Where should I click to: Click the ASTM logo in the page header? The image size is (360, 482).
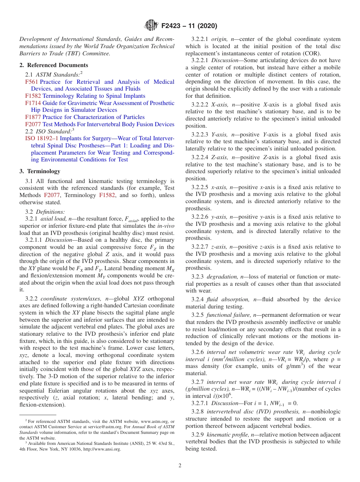(151, 26)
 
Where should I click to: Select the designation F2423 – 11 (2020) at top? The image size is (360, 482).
(189, 26)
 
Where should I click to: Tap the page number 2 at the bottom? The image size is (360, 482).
(180, 465)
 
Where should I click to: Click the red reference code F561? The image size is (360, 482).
(31, 82)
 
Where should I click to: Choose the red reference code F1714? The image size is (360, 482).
(33, 103)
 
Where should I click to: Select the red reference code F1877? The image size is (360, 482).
(33, 117)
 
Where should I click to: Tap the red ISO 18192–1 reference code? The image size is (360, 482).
(42, 138)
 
